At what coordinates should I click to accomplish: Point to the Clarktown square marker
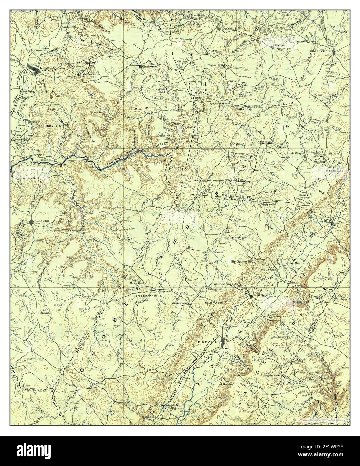(x=140, y=66)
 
